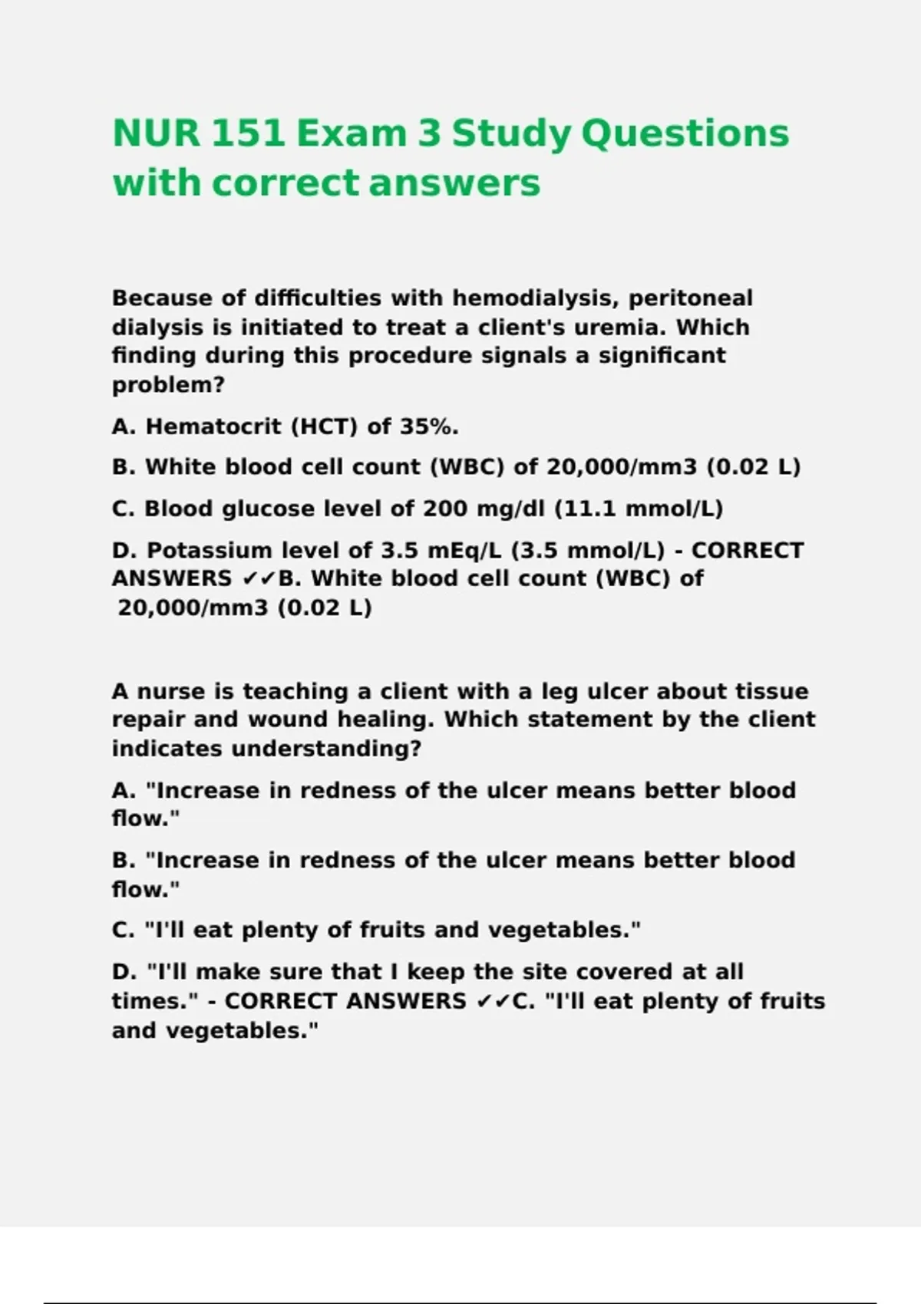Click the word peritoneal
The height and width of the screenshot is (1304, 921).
[691, 298]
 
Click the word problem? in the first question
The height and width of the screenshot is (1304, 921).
[168, 384]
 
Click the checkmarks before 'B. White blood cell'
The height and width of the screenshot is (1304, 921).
[259, 579]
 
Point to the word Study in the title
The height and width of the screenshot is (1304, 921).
[511, 133]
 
